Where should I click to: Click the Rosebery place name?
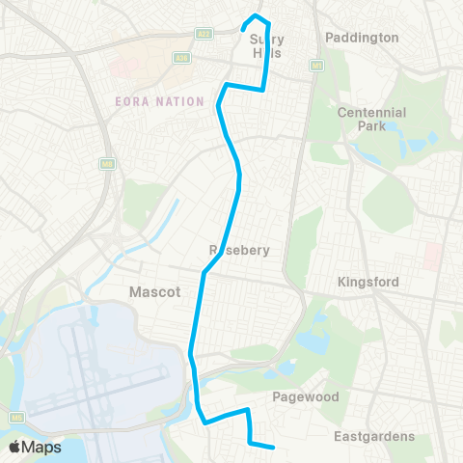tap(238, 250)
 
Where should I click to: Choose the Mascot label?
tap(154, 290)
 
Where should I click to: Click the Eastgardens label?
tap(374, 436)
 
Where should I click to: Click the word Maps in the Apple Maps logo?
tap(42, 447)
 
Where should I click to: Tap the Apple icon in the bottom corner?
tap(16, 446)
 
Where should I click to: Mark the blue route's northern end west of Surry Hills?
tap(242, 30)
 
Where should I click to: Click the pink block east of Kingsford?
tap(434, 256)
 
